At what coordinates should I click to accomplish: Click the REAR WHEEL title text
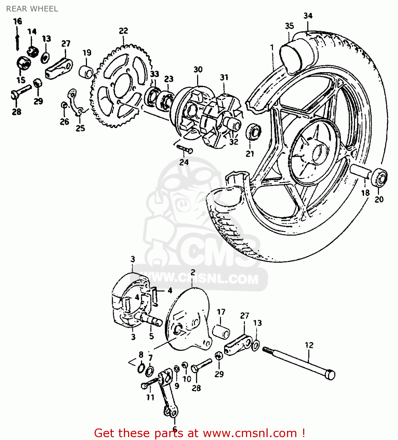(32, 9)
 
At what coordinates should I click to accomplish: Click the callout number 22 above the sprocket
(123, 31)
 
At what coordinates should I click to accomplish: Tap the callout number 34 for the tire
(308, 16)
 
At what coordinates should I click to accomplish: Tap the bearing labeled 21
(253, 131)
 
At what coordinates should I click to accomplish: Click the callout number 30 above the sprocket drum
(198, 70)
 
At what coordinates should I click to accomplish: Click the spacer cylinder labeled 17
(221, 332)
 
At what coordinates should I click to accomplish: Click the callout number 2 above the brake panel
(193, 273)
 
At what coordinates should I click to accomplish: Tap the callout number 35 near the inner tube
(289, 26)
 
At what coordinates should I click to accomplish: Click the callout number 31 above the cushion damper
(224, 77)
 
